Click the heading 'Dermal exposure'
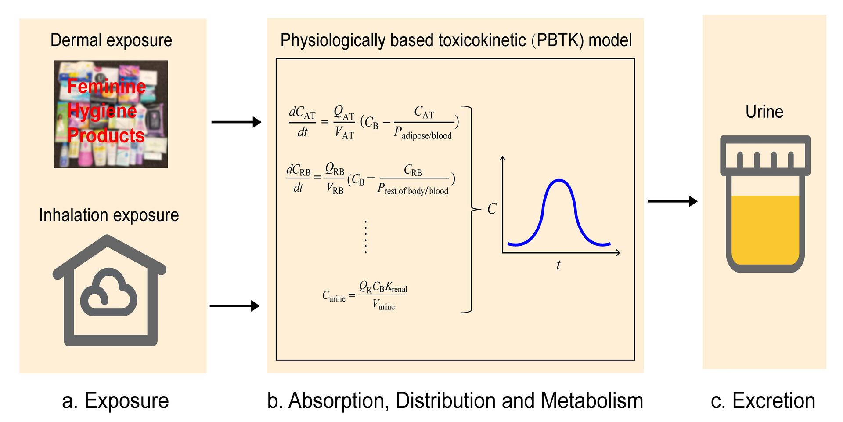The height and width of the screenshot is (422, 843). point(111,40)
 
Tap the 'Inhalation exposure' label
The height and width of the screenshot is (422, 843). point(109,215)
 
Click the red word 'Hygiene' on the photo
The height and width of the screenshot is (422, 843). point(102,111)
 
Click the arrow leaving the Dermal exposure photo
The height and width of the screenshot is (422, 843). point(236,122)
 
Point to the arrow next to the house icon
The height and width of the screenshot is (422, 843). point(235,306)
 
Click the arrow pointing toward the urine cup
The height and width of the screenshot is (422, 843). point(672,201)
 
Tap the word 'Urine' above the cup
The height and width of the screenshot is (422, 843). point(764,112)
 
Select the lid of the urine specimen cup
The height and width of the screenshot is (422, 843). point(765,155)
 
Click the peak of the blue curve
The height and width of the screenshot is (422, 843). point(559,181)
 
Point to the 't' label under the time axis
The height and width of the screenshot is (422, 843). point(558,265)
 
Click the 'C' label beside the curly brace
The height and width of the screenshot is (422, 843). point(492,209)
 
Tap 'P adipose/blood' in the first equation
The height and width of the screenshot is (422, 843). point(423,133)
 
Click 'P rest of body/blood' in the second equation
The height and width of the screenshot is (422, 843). point(413,189)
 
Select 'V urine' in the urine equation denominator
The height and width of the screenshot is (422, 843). point(383,305)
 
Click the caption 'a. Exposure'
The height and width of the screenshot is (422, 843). point(115,400)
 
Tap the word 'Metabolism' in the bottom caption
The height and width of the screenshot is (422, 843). point(592,400)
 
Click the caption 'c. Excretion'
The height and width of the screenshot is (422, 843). point(763,400)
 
